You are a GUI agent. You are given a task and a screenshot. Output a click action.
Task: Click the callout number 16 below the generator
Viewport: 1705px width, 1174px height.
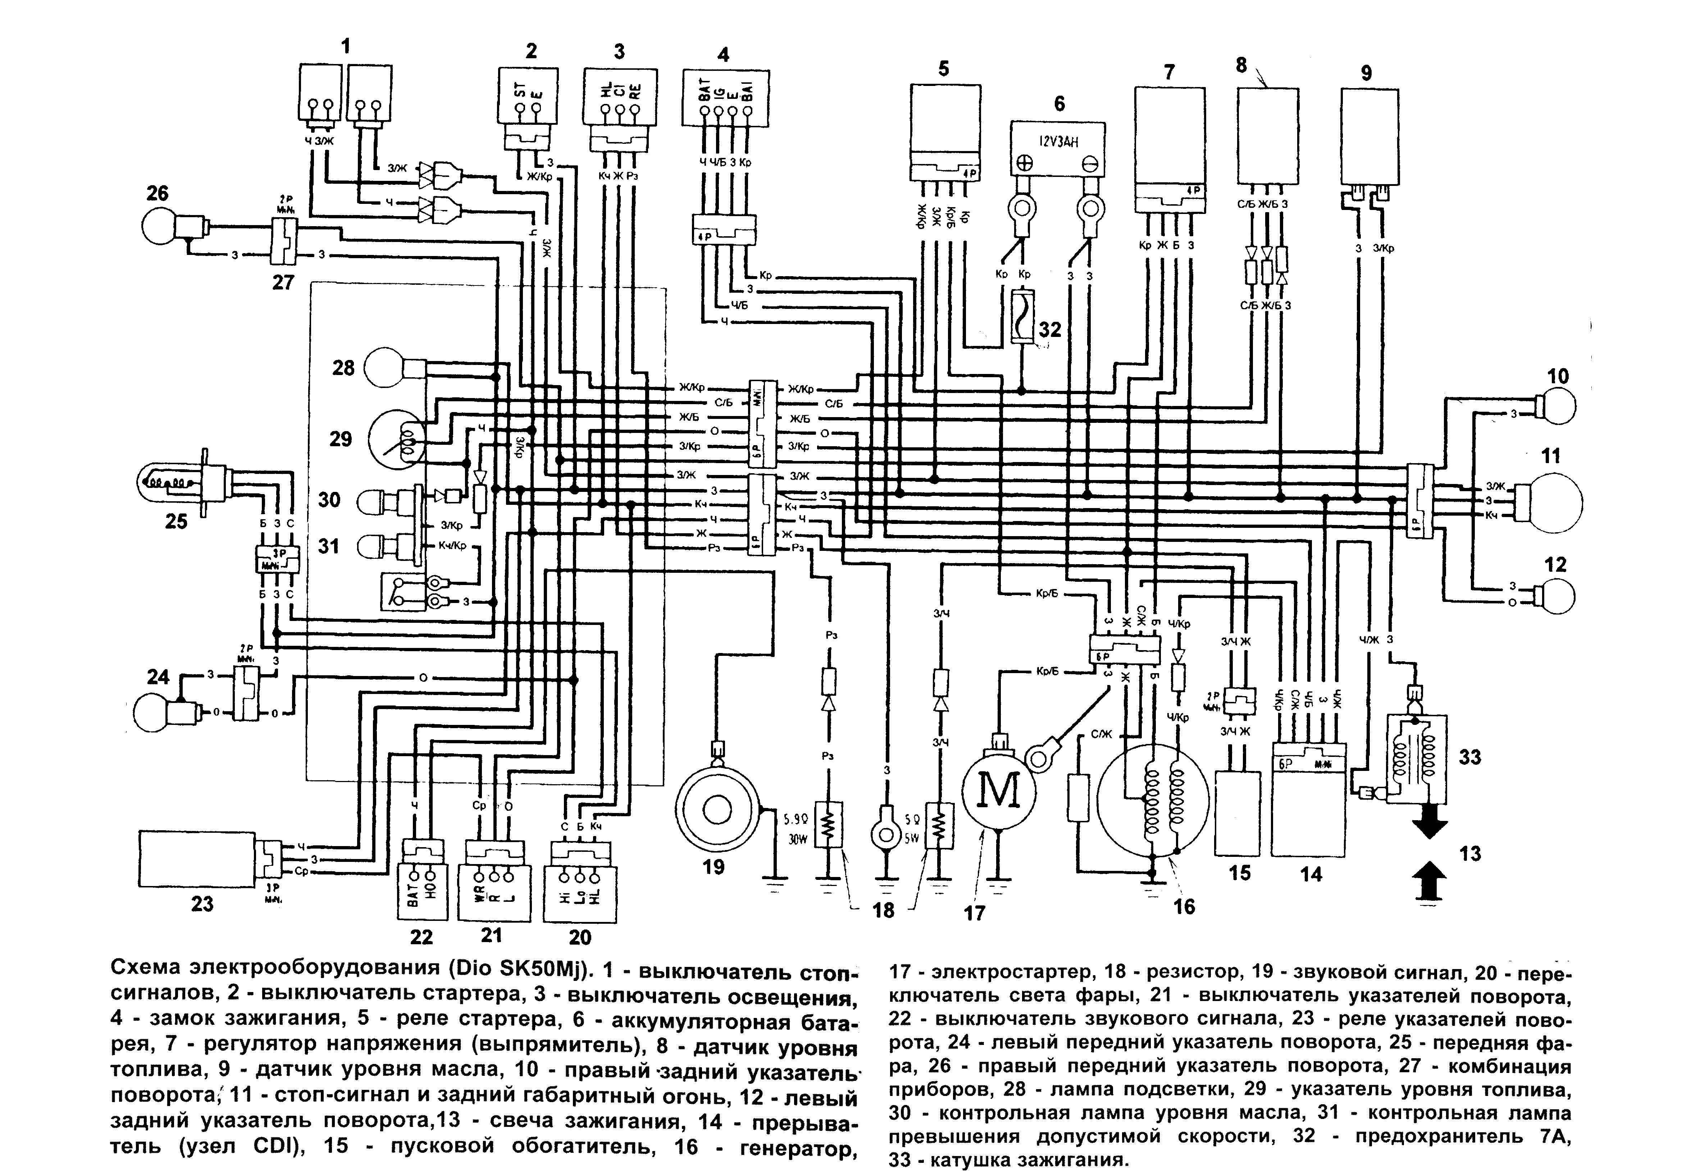(1184, 906)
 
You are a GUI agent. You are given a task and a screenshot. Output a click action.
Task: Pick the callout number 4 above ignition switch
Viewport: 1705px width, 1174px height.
(723, 54)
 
